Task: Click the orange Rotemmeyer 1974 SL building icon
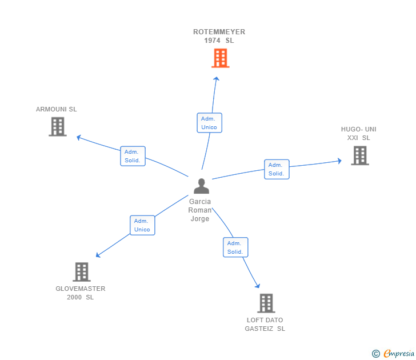tap(220, 58)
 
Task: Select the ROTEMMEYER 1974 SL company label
tap(219, 36)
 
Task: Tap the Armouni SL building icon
tap(58, 126)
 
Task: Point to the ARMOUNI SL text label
tap(56, 109)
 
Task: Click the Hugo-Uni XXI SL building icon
tap(359, 155)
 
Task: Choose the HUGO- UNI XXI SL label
tap(359, 133)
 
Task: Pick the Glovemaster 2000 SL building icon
tap(82, 271)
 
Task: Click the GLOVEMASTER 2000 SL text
tap(81, 293)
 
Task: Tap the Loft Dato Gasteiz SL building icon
tap(266, 303)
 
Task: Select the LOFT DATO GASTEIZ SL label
tap(265, 324)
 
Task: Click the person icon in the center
tap(201, 186)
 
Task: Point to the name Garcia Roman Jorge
tap(200, 210)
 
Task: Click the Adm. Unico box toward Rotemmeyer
tap(209, 123)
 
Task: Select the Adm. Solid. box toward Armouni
tap(133, 156)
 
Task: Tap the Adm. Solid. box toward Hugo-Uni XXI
tap(277, 169)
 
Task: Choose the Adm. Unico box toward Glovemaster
tap(142, 225)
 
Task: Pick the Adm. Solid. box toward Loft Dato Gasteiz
tap(235, 247)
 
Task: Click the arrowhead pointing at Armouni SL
tap(79, 137)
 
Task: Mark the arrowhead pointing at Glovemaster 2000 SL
tap(98, 255)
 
